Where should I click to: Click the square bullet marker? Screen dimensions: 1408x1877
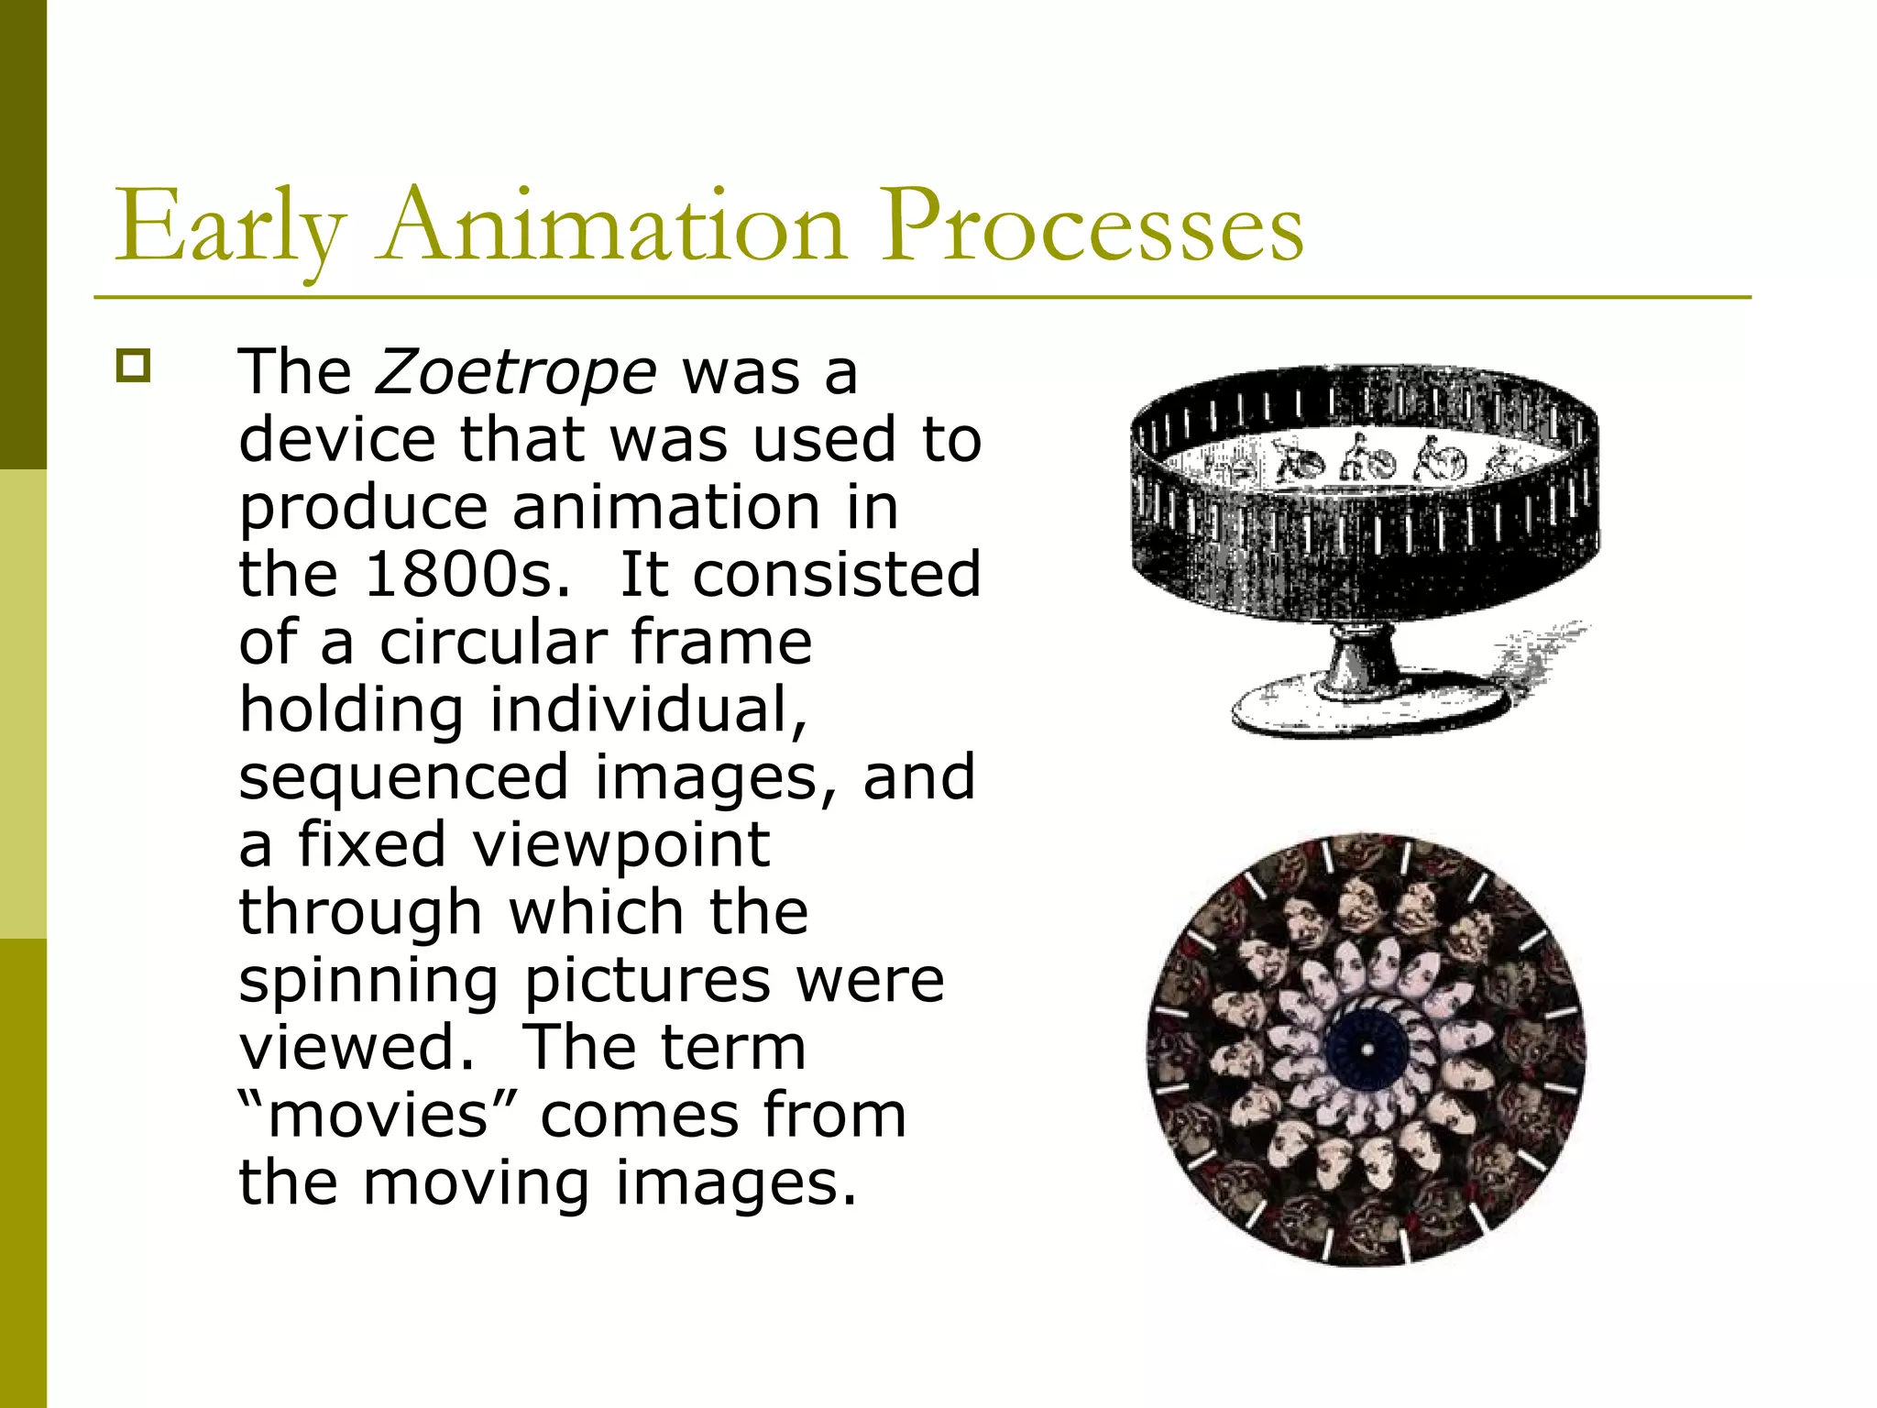pos(133,366)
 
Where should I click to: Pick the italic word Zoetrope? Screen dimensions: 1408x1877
pos(516,372)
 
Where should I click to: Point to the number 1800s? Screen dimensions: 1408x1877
pos(467,575)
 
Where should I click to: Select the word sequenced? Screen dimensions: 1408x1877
pos(403,777)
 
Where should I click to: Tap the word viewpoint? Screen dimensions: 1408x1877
pos(620,845)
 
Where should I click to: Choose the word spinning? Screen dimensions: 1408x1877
pos(368,981)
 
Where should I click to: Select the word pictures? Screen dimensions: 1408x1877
pos(646,981)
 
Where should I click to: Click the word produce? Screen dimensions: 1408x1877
pos(363,508)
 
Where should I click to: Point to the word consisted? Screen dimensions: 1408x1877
pos(836,575)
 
